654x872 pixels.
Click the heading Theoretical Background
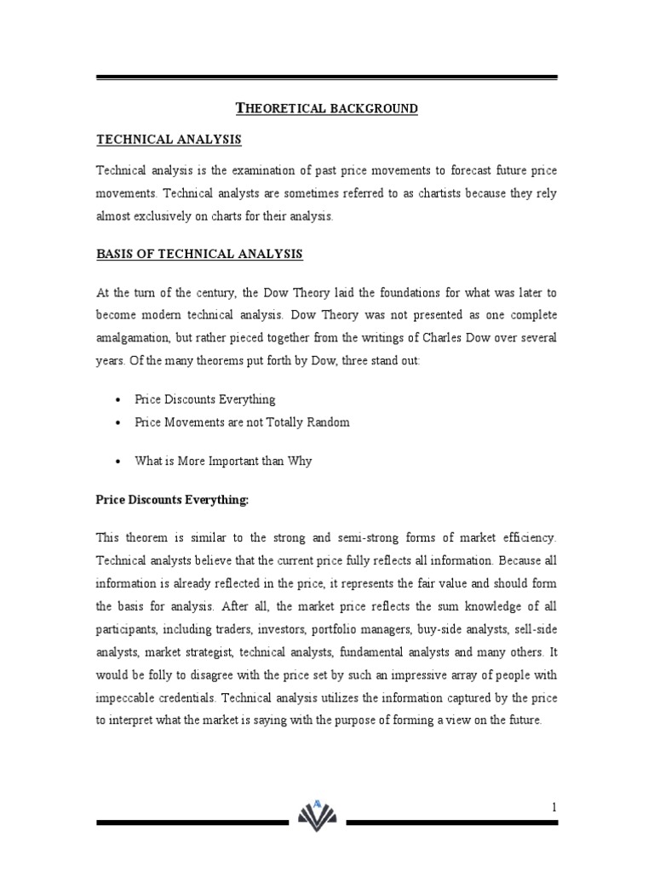point(326,108)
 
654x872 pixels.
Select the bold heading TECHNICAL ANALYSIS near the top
point(169,139)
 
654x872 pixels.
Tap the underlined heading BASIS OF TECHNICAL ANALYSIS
point(199,255)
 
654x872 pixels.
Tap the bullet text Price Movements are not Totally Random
point(242,422)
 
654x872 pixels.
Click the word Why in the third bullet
point(301,461)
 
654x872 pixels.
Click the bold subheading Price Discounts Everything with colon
point(172,501)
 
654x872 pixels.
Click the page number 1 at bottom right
point(553,806)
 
